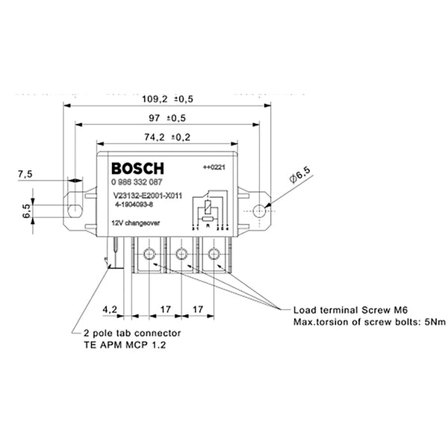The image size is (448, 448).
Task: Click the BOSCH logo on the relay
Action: tap(137, 167)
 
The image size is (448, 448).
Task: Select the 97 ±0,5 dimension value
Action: tap(167, 118)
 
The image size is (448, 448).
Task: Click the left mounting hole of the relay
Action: tap(74, 210)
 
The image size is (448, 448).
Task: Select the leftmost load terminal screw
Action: tap(149, 253)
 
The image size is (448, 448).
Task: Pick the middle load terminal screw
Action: tap(181, 253)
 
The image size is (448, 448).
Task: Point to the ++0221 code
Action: tap(214, 167)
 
